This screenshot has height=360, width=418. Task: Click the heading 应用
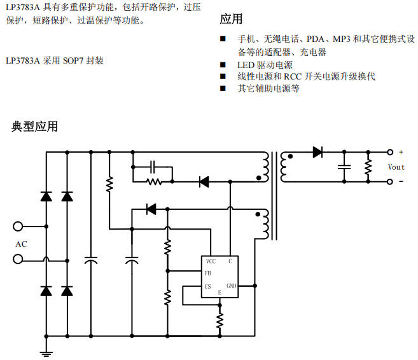point(231,19)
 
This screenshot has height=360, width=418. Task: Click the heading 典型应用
point(34,127)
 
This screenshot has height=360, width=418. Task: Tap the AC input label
point(21,244)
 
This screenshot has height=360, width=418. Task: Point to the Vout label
point(396,167)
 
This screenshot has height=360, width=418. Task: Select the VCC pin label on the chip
point(211,261)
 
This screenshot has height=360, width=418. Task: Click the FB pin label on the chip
point(207,273)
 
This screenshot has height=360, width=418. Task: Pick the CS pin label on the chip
point(207,286)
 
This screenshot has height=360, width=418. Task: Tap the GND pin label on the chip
point(231,286)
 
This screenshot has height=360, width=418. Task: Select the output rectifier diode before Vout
point(317,152)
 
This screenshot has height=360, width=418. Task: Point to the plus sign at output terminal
point(401,152)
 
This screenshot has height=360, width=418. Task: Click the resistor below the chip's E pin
point(220,321)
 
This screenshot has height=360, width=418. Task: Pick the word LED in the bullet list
point(246,65)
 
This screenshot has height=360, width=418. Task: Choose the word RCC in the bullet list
point(293,76)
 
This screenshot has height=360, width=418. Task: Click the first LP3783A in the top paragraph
point(22,7)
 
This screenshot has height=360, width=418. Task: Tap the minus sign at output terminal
point(401,181)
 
